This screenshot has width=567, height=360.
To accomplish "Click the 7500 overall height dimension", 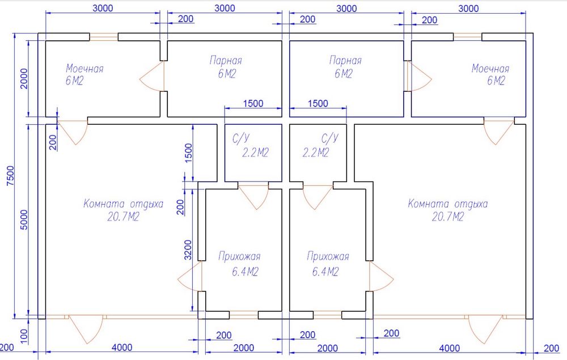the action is point(11,176).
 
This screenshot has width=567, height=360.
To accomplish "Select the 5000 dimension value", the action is point(24,219).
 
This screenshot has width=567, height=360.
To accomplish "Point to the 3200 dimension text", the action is point(188,249).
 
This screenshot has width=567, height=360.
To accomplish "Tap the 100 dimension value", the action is point(24,336).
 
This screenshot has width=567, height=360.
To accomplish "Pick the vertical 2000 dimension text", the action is point(24,79).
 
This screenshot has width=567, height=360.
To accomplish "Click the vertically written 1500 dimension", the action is point(188,153).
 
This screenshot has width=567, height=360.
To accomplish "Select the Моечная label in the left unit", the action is point(84,68).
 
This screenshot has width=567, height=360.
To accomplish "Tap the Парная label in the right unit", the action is point(345,60).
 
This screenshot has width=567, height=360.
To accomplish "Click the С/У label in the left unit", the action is point(241,138).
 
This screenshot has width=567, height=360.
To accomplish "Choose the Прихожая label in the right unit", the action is point(328,256).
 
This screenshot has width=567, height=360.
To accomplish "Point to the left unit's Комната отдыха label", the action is point(123,204).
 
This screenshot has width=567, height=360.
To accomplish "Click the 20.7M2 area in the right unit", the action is point(448,217).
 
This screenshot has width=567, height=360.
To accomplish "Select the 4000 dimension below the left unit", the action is point(122,348).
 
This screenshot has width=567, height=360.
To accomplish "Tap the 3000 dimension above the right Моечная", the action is point(469,8).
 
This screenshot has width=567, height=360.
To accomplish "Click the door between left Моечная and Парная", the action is point(152,76).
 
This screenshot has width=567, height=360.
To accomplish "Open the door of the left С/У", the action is point(253,197).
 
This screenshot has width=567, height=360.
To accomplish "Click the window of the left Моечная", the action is point(104,37).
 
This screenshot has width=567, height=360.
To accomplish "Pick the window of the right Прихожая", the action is point(327,315).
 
